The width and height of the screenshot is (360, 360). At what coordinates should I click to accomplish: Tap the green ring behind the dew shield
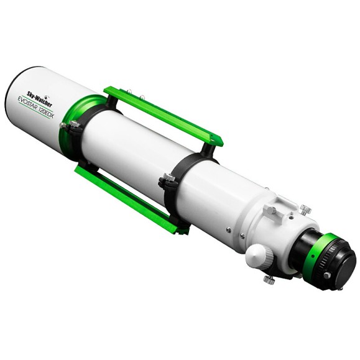point(85,119)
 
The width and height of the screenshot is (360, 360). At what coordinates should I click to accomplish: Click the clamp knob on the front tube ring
point(70,126)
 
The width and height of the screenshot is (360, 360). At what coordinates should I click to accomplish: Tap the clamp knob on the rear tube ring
point(166,181)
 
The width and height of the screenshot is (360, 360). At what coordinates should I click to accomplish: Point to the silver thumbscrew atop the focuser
point(304,210)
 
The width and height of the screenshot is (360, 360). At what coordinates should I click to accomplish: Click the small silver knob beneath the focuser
point(269,280)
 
